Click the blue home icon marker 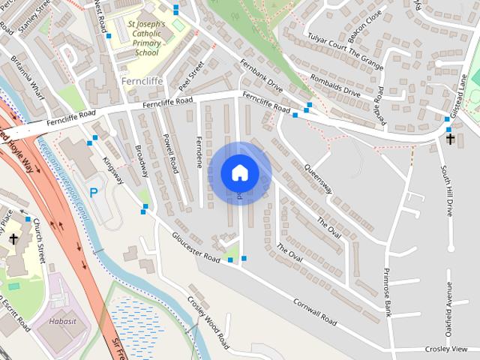click(240, 173)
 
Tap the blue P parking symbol click(94, 193)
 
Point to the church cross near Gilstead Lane click(450, 138)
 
